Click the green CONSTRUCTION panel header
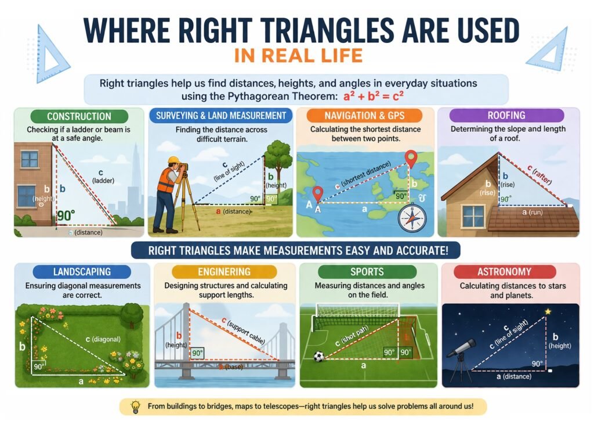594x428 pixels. pyautogui.click(x=79, y=116)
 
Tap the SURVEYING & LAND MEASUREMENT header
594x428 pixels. pyautogui.click(x=221, y=116)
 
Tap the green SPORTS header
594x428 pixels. pyautogui.click(x=366, y=271)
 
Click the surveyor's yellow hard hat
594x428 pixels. pyautogui.click(x=173, y=161)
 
